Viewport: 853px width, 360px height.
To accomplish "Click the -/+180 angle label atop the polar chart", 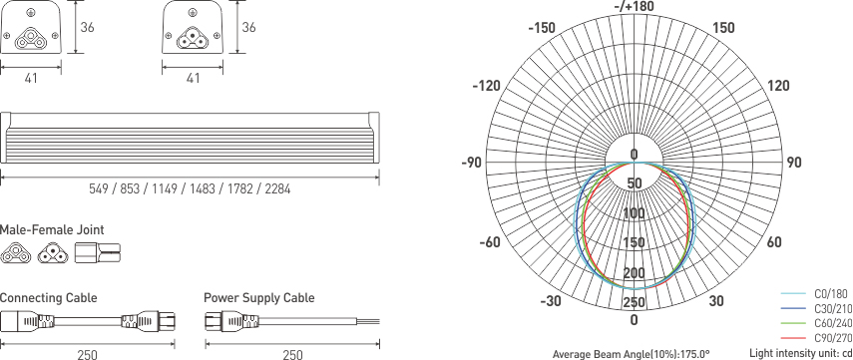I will click(x=634, y=7).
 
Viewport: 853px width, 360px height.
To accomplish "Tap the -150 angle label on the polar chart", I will click(x=541, y=28).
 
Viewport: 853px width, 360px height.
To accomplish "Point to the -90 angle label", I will click(x=471, y=163).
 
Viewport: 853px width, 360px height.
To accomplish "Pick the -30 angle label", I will click(x=549, y=302).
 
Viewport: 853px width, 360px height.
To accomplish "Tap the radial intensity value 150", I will click(x=634, y=243).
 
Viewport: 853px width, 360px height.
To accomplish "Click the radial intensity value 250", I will click(x=634, y=302).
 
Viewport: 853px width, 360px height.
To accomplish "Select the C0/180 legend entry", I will click(x=831, y=294).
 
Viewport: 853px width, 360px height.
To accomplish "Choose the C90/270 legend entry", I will click(x=831, y=339).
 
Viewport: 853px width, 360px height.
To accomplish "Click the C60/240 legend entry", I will click(x=831, y=324).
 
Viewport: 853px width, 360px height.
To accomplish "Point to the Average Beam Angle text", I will click(x=631, y=353).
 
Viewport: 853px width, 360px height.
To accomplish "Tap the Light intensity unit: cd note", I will click(x=800, y=353).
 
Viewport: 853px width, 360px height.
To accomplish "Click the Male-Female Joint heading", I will click(x=52, y=230).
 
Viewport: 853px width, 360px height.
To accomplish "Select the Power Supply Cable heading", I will click(x=258, y=298).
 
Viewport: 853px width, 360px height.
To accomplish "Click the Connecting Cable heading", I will click(x=48, y=298).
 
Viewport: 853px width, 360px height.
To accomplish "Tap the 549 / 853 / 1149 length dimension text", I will click(x=190, y=189).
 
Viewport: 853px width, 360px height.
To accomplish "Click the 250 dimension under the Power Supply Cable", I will click(x=292, y=354).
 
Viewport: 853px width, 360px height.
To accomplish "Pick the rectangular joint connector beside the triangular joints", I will click(x=98, y=253).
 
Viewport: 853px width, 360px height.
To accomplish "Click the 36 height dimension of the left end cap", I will click(x=88, y=28).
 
